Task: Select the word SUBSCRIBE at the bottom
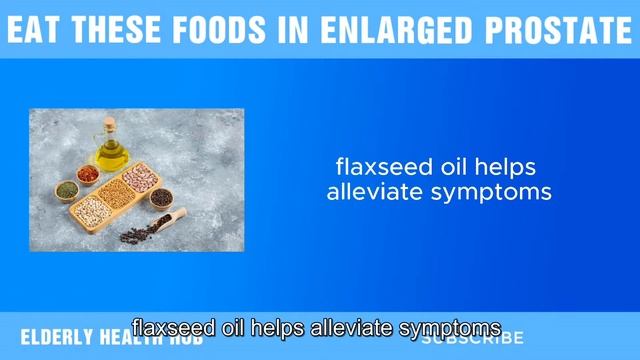click(x=472, y=337)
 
